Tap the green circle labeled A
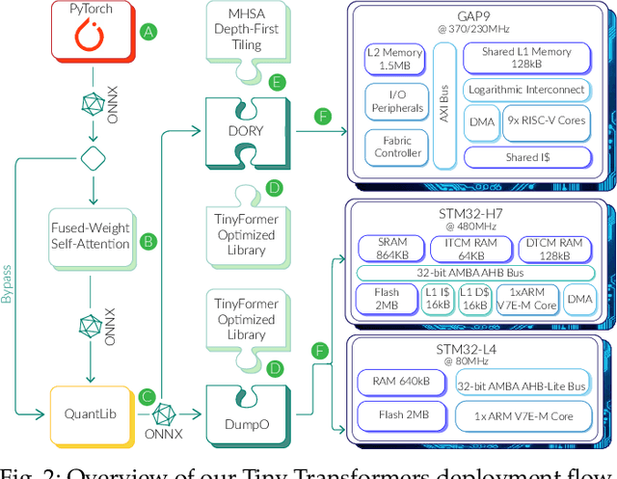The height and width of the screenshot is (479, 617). point(148,32)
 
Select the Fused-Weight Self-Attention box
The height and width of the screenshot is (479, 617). point(89,236)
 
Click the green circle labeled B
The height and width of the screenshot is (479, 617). point(148,241)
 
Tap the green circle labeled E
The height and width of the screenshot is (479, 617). point(276,82)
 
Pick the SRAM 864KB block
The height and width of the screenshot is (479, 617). point(390,248)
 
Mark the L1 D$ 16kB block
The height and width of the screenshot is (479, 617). point(473,299)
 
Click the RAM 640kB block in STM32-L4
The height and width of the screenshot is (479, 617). point(401,382)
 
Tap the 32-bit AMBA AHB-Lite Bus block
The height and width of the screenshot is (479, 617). point(524,386)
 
